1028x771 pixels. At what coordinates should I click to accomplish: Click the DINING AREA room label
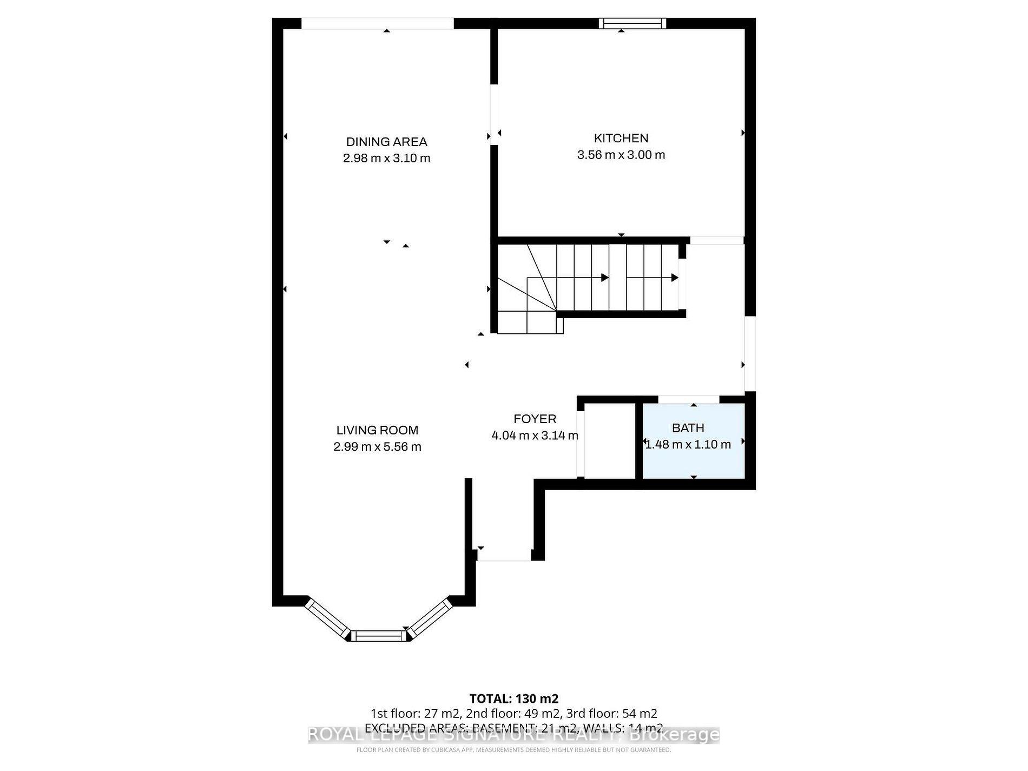[x=386, y=142]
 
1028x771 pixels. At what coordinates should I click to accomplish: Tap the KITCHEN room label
[x=621, y=139]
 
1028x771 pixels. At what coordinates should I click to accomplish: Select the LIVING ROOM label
[x=377, y=430]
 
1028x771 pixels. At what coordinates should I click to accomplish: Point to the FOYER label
[x=535, y=419]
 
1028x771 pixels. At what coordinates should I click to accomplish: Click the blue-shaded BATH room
[x=693, y=460]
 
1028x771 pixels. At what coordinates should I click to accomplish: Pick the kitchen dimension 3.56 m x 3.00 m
[x=621, y=155]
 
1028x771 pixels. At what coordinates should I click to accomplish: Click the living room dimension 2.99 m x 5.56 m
[x=377, y=447]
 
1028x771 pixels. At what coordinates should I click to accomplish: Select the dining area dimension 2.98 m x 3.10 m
[x=386, y=159]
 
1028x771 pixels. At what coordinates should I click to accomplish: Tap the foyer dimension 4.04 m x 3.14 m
[x=535, y=436]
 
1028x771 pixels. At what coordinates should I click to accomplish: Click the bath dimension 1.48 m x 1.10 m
[x=688, y=445]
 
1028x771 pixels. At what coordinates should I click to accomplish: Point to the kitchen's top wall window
[x=632, y=23]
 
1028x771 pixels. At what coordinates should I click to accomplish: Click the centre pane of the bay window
[x=378, y=636]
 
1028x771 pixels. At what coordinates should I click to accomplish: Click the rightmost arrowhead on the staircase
[x=675, y=278]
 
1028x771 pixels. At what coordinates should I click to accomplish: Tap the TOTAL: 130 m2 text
[x=513, y=698]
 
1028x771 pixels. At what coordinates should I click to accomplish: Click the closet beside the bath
[x=609, y=441]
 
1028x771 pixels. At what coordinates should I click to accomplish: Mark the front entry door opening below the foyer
[x=504, y=560]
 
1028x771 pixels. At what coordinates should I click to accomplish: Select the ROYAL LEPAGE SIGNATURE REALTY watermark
[x=513, y=735]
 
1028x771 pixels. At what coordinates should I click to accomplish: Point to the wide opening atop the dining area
[x=377, y=23]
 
